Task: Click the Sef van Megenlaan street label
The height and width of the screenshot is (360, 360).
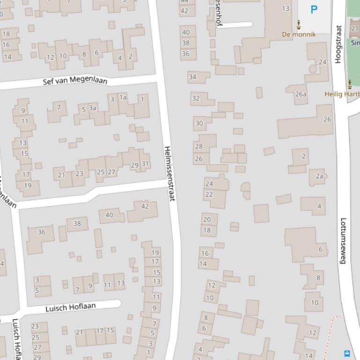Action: pos(75,80)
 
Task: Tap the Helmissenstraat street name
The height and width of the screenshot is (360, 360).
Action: pos(169,173)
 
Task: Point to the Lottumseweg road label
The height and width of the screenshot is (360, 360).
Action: pos(343,241)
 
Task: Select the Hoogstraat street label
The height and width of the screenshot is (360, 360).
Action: pos(338,44)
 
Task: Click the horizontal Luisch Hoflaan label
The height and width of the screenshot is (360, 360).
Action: pos(70,307)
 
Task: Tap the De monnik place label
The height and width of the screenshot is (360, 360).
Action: pos(299,34)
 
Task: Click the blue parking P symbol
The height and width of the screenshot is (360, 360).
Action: pos(314,9)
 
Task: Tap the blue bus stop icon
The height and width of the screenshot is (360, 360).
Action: pos(347,353)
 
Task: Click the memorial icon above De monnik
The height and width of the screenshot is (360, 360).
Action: pos(299,24)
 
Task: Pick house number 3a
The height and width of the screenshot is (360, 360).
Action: pos(93,108)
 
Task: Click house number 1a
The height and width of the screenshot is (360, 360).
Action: pos(123,97)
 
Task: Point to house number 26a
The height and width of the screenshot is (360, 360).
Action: pos(301,94)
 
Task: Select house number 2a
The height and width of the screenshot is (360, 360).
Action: pos(319,176)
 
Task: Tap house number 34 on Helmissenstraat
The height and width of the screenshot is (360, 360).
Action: pos(192,77)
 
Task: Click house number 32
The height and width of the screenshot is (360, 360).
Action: pos(196,98)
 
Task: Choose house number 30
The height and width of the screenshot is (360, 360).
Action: pos(199,123)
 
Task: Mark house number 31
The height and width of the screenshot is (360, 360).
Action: pos(145,164)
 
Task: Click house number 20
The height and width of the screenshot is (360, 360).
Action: pos(207,219)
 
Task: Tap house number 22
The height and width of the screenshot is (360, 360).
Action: pos(209,194)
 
